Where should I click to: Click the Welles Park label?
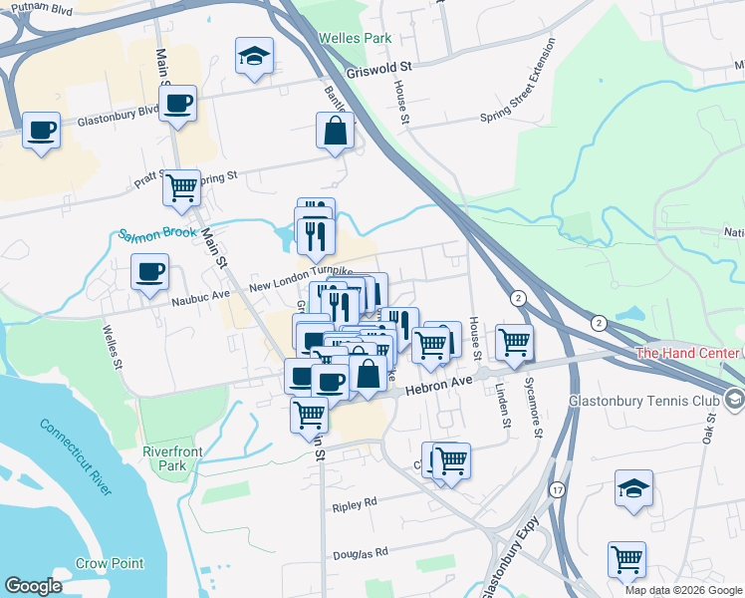coord(355,39)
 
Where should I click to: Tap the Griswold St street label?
coord(379,69)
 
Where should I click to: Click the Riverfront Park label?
coord(172,458)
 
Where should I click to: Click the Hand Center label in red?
coord(689,353)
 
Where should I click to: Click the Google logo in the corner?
coord(33,586)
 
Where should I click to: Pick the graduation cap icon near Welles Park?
coord(254,56)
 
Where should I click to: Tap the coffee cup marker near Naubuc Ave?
coord(149,272)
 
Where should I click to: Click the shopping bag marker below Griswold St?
coord(336,131)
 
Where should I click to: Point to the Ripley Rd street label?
coord(356,503)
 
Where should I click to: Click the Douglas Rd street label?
coord(358,553)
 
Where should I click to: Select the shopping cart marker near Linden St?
coord(514,343)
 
